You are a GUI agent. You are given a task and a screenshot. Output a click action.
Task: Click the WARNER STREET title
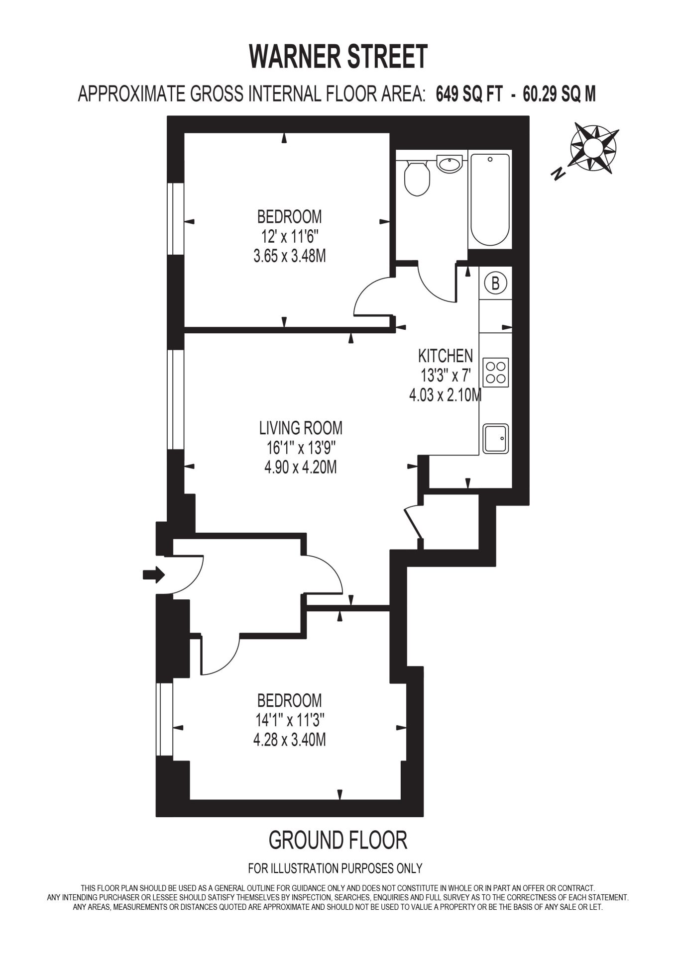tap(338, 57)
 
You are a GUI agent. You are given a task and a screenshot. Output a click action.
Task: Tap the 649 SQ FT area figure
tap(469, 94)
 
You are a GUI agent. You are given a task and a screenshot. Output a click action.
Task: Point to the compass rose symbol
tap(594, 147)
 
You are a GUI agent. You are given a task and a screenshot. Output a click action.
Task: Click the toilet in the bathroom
tap(416, 178)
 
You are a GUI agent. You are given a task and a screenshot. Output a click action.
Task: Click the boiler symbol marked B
tap(495, 283)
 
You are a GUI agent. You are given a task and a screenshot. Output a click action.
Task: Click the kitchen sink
tap(496, 438)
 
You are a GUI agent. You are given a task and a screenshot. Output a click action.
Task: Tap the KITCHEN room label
tap(446, 356)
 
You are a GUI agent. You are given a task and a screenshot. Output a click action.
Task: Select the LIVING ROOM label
tap(301, 428)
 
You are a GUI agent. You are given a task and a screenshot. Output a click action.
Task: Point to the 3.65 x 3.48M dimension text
tap(290, 257)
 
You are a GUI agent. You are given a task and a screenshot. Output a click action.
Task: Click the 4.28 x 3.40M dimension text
tap(290, 740)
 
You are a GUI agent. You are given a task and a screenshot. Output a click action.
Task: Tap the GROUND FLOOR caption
tap(338, 840)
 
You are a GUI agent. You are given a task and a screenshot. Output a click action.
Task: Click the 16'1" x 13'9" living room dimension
tap(301, 448)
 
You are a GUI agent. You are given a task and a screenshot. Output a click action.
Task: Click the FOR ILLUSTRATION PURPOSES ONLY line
tap(335, 868)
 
